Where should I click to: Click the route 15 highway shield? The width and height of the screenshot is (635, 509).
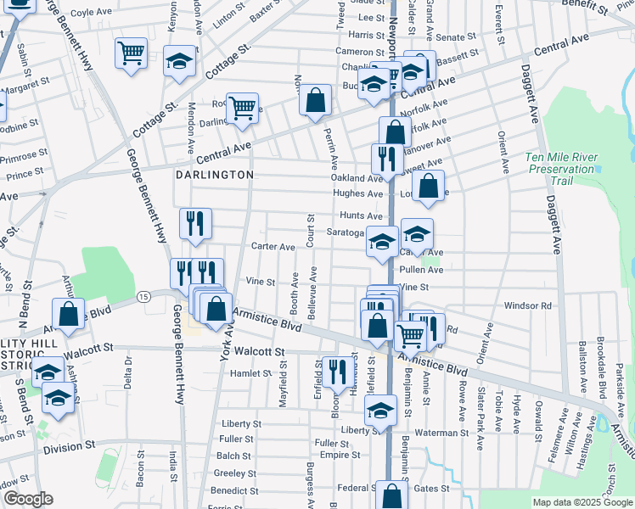pos(144,296)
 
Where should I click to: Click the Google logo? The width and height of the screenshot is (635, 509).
pos(28,499)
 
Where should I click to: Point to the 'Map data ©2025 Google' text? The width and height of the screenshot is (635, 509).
pos(582,502)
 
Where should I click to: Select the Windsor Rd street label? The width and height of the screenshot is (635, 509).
pos(527,305)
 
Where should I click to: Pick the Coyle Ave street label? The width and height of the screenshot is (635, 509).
pos(93,14)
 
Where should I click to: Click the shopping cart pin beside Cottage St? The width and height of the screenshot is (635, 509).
pos(131,53)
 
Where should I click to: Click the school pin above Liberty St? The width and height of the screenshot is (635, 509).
pos(380,411)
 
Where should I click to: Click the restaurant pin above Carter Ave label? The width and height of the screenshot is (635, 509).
pos(195,223)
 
